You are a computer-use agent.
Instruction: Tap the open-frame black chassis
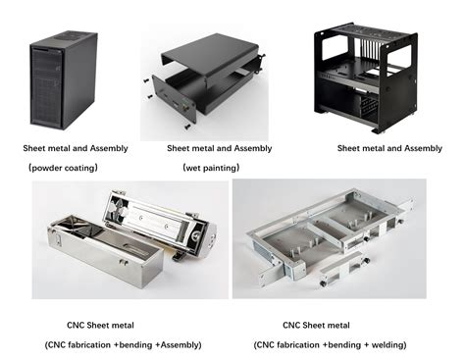[x=379, y=74]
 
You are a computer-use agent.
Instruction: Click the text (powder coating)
[x=62, y=168]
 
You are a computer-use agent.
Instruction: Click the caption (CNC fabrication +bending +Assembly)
[x=123, y=344]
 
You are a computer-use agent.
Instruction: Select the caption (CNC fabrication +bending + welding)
[x=331, y=344]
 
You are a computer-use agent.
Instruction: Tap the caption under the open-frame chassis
[x=389, y=148]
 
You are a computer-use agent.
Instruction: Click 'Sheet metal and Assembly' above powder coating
[x=76, y=148]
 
